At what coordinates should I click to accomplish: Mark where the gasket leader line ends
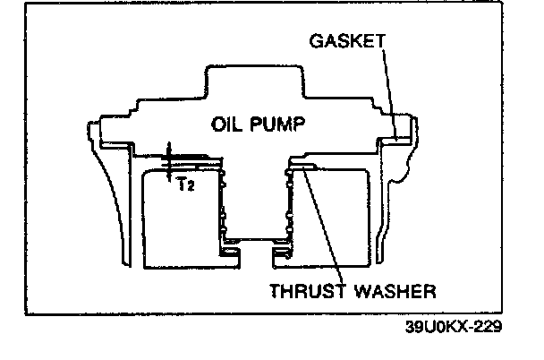(394, 138)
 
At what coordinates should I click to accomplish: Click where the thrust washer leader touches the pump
(305, 170)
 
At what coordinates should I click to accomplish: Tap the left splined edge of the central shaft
(223, 206)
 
